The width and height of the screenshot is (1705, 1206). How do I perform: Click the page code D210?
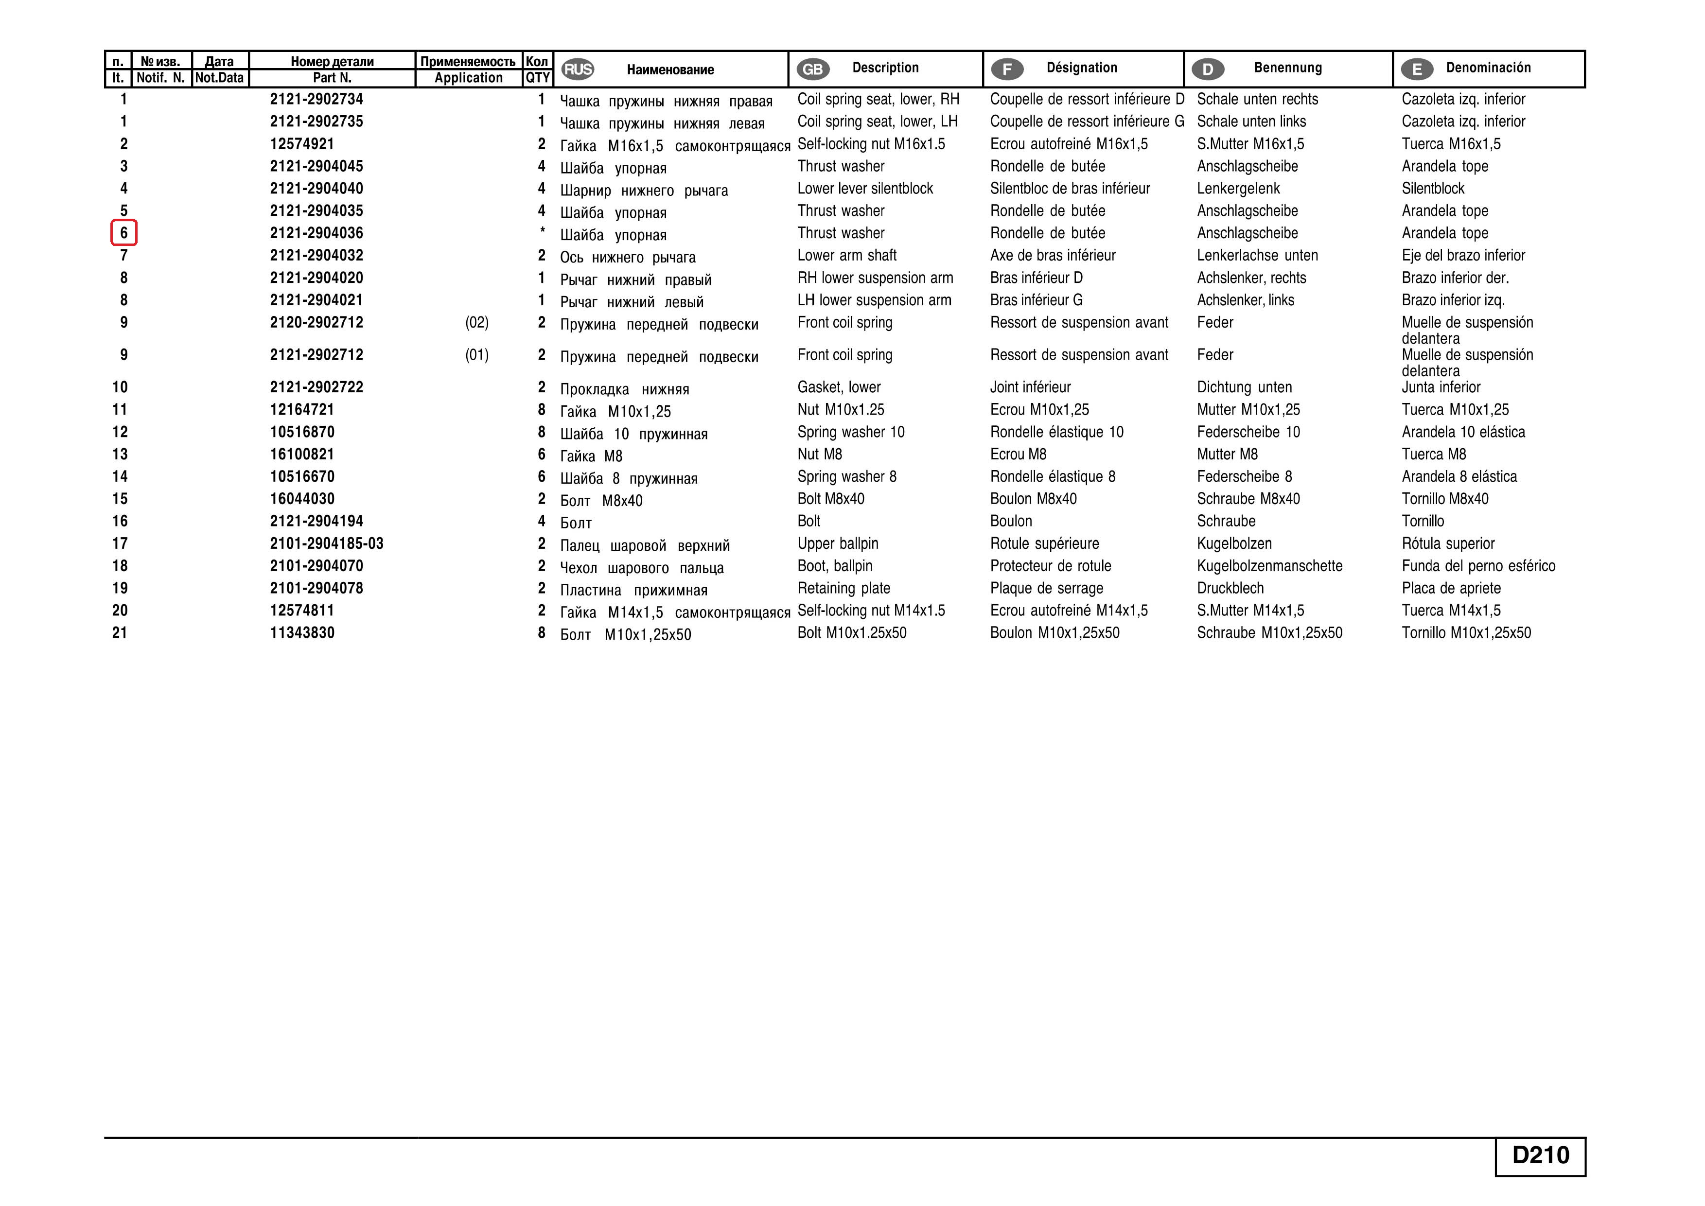(x=1540, y=1155)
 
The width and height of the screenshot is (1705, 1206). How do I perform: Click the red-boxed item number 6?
(x=123, y=233)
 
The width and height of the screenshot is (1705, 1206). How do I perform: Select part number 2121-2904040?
(x=316, y=189)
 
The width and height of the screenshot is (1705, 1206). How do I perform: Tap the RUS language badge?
(x=577, y=70)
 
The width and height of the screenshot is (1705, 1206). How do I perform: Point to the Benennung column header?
(x=1288, y=68)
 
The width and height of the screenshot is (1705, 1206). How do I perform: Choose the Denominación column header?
(x=1488, y=68)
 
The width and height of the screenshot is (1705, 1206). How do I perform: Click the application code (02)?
(x=477, y=322)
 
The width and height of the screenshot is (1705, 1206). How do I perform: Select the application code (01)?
(x=477, y=355)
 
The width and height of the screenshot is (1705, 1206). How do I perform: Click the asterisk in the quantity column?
(x=542, y=231)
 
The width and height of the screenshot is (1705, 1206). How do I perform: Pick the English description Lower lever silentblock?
(x=865, y=189)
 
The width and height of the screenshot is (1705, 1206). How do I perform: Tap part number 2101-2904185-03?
(x=327, y=543)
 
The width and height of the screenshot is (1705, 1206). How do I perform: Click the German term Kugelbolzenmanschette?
(x=1269, y=566)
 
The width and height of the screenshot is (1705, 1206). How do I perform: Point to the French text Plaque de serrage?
(x=1046, y=588)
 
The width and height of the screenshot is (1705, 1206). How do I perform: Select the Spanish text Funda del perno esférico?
(x=1478, y=566)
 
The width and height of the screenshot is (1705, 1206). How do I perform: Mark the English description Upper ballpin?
(x=838, y=543)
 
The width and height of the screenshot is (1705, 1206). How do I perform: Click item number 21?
(x=120, y=633)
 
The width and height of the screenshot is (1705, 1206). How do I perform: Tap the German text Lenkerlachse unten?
(x=1257, y=256)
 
